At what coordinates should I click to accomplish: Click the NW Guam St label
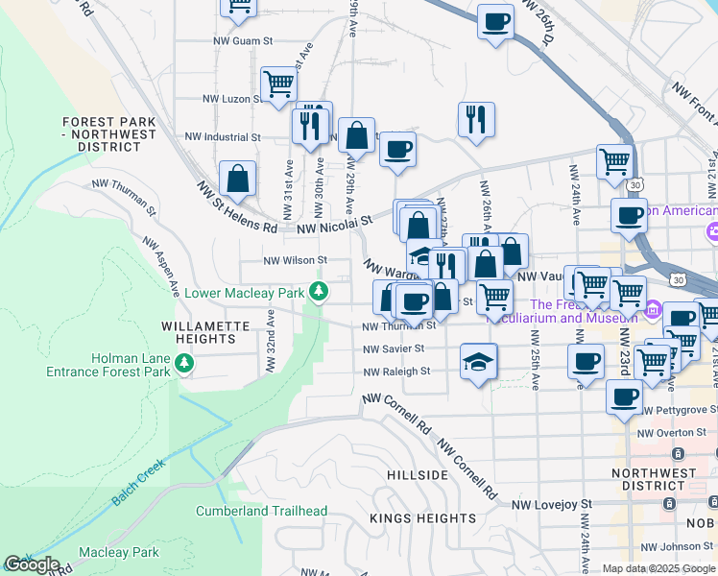(x=243, y=41)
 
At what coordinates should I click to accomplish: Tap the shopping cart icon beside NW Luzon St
(x=277, y=83)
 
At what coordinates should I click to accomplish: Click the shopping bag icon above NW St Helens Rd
(x=237, y=179)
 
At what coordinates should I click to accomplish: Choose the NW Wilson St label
(x=295, y=260)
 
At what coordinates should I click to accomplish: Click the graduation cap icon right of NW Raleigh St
(x=478, y=362)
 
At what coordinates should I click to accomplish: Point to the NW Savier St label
(x=394, y=348)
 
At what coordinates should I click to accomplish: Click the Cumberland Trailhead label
(x=262, y=511)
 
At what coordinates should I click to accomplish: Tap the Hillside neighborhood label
(x=418, y=475)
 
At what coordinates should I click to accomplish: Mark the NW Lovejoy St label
(x=552, y=504)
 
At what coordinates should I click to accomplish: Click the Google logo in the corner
(x=32, y=564)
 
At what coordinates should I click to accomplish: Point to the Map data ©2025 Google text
(x=658, y=568)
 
